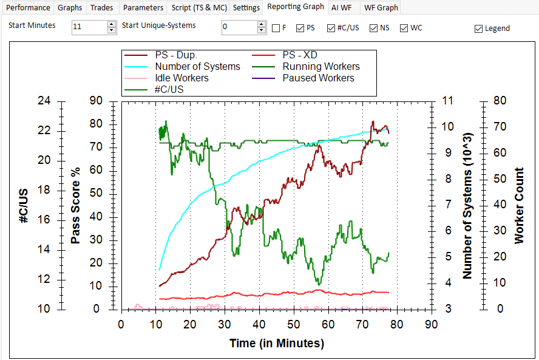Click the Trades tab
coord(101,8)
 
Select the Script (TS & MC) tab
coord(199,8)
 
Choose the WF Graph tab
coord(381,8)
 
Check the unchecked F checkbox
coord(276,28)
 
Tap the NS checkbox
coord(374,28)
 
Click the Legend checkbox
coord(479,28)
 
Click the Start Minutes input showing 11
coord(89,27)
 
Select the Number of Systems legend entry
coord(197,66)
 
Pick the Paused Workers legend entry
coord(318,78)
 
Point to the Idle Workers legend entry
coord(181,78)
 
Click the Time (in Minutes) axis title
coord(277,344)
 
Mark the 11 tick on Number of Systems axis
coord(449,101)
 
